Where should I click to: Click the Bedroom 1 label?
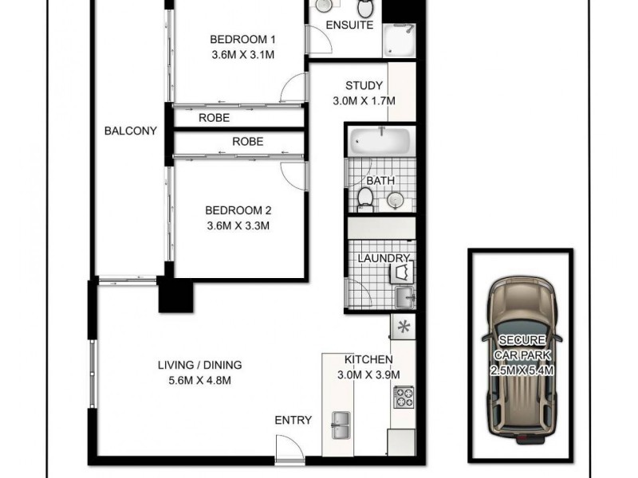(242, 39)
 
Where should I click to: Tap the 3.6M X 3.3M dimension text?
(238, 225)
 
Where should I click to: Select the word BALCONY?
(130, 131)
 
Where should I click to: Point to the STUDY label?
(364, 86)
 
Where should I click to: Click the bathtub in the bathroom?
(380, 142)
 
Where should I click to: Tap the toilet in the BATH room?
(365, 198)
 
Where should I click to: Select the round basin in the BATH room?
(396, 200)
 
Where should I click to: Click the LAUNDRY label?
(383, 258)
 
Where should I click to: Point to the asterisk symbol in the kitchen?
(403, 326)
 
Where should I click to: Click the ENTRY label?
(293, 420)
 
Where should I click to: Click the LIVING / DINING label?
(199, 366)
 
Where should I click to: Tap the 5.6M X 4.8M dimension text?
(199, 381)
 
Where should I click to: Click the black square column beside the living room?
(175, 296)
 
